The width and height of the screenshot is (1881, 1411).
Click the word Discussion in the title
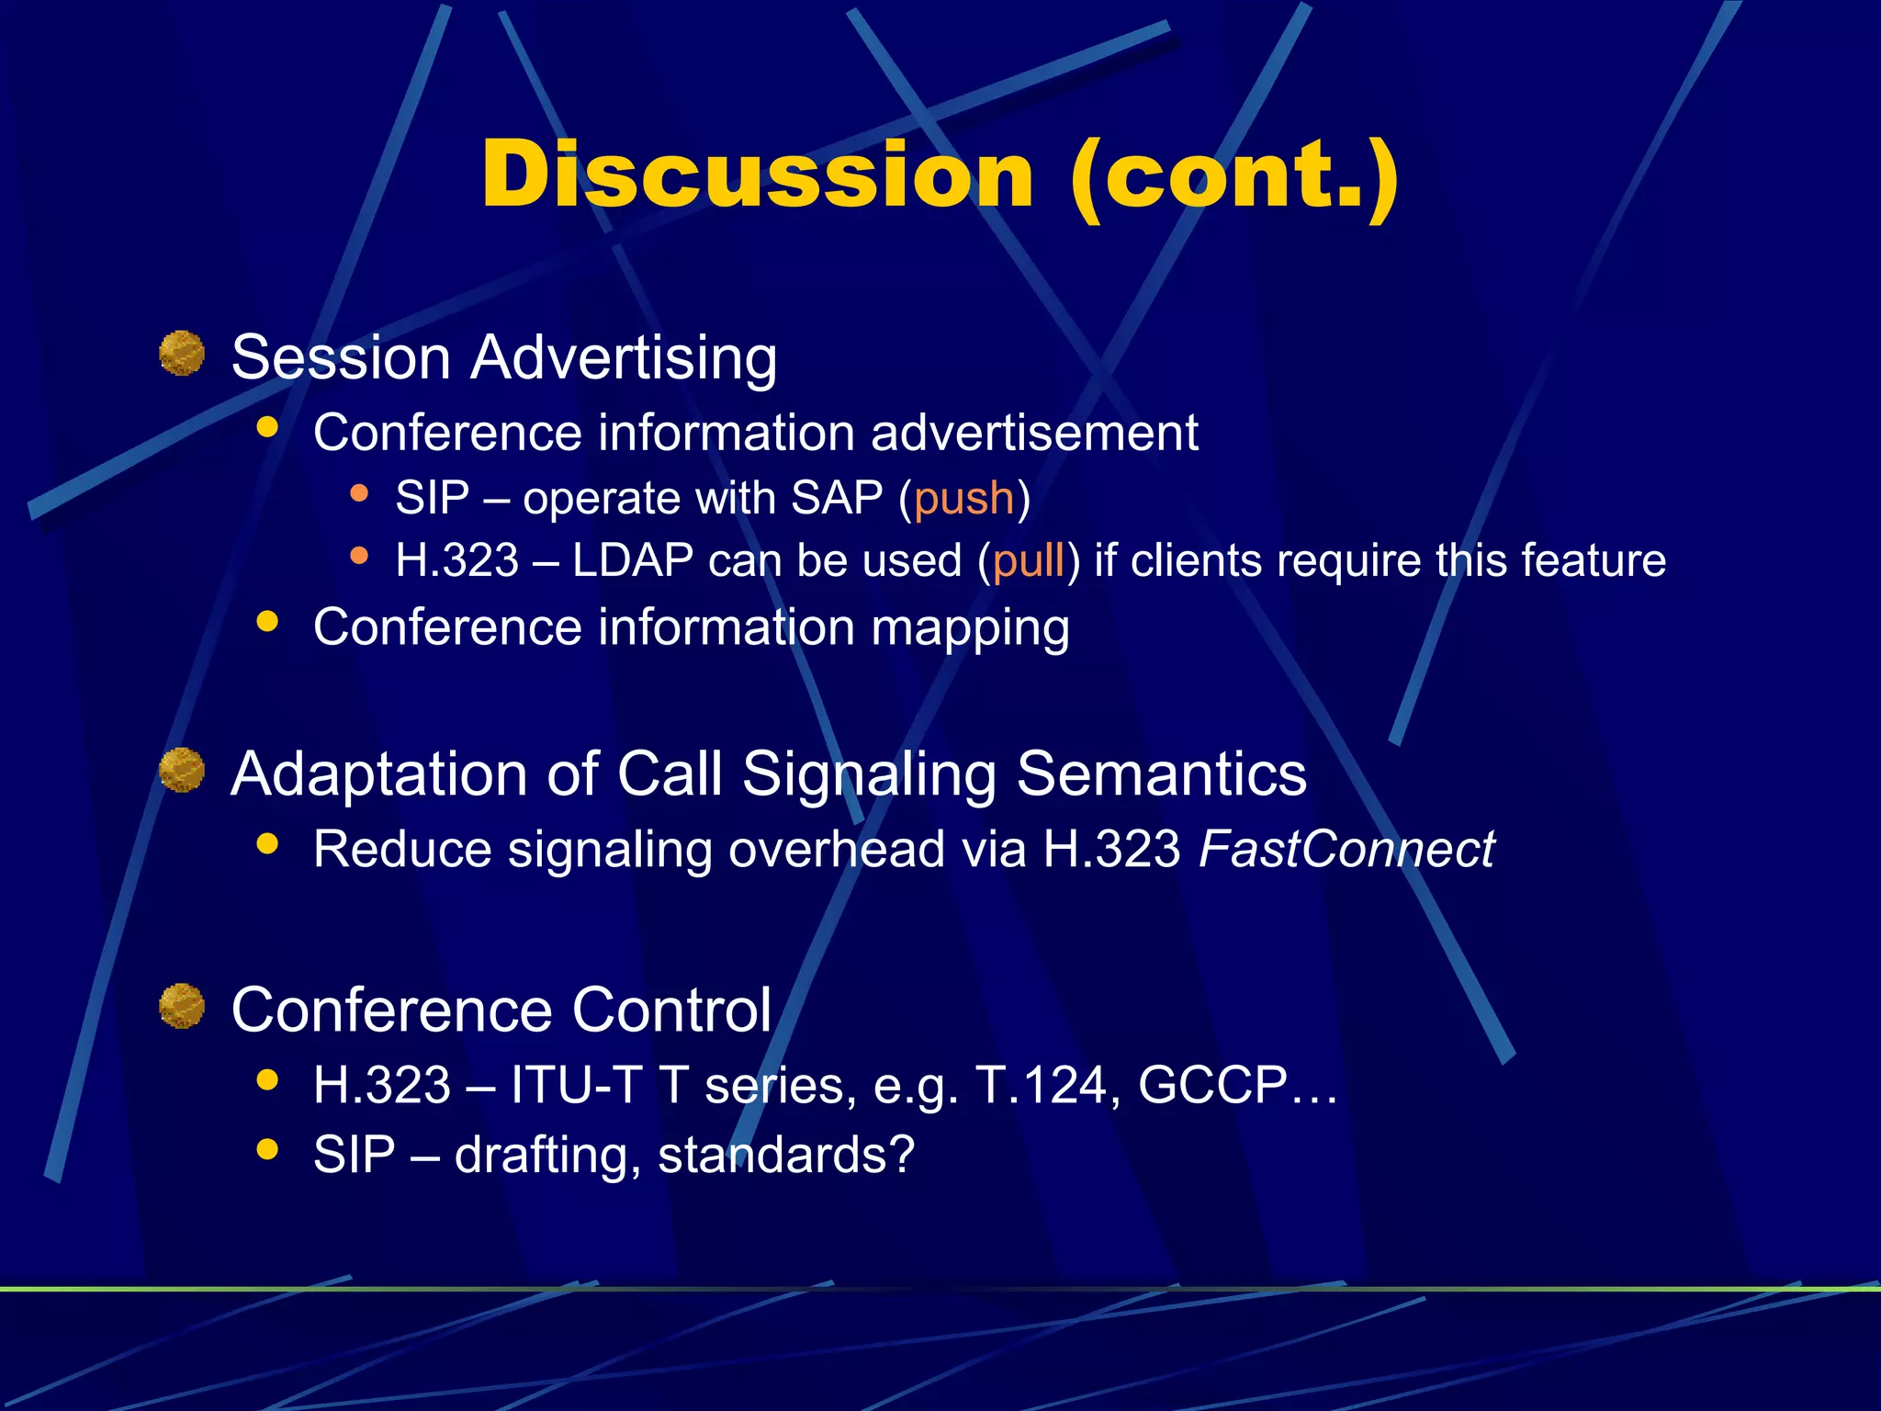[758, 175]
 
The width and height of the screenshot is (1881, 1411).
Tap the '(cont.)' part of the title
[1234, 176]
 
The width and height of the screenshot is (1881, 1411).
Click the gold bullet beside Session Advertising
[182, 354]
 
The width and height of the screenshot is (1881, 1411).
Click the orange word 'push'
[963, 498]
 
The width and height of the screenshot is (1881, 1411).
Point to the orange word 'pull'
[1029, 560]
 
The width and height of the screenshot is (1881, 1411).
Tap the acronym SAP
[836, 498]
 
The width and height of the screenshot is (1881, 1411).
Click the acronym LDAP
[632, 560]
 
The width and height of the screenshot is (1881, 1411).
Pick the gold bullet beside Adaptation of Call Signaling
[182, 770]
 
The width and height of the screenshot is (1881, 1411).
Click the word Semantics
[1162, 773]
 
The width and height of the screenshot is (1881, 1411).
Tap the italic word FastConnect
[1346, 849]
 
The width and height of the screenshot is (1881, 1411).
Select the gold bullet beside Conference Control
[182, 1006]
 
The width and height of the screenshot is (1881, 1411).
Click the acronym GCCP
[1212, 1085]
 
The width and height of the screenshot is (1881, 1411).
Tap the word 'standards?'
[786, 1155]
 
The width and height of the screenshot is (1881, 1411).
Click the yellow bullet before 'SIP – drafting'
[267, 1149]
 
